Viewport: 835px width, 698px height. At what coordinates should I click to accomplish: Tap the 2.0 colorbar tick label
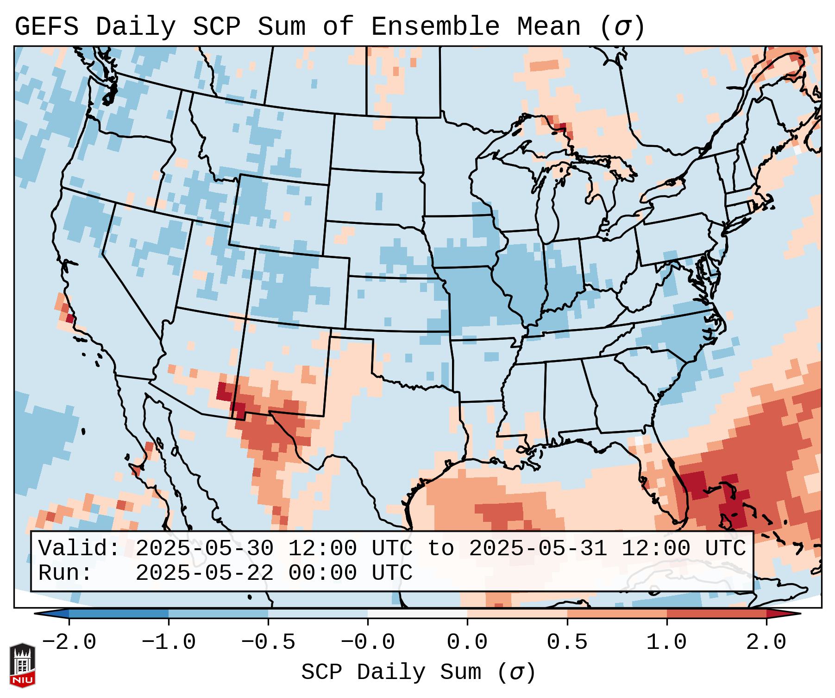(766, 642)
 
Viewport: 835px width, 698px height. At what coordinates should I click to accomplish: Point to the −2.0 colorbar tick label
(69, 642)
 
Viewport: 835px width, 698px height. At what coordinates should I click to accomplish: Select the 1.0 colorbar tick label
(666, 642)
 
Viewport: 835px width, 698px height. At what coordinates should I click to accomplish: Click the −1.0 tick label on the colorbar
(169, 642)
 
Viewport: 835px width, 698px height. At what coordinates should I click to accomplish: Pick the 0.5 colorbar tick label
(567, 642)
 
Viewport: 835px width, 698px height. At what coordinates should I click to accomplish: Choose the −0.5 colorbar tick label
(268, 642)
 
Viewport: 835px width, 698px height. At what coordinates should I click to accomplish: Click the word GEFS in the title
(46, 27)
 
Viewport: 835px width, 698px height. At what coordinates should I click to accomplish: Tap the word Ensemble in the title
(435, 27)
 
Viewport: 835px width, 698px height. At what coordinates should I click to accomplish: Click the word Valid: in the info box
(79, 549)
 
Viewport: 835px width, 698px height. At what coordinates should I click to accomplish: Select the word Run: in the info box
(65, 573)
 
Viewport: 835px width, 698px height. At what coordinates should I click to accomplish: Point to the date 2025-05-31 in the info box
(538, 549)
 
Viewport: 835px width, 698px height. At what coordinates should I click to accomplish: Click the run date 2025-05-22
(204, 573)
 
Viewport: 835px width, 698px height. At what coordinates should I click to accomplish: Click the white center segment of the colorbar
(417, 614)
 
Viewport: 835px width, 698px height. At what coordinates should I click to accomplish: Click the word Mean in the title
(549, 27)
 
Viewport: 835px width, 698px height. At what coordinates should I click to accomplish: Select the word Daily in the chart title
(136, 27)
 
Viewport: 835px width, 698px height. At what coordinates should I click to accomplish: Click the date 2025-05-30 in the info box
(204, 549)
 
